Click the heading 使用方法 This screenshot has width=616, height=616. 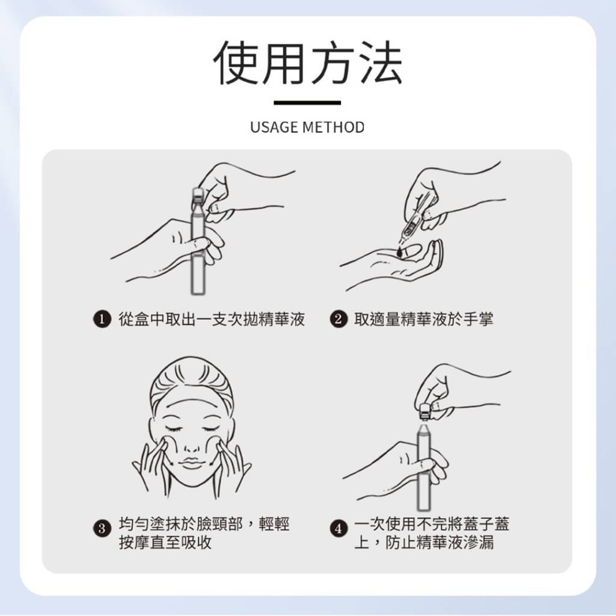point(307,64)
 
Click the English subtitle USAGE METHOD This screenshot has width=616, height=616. point(307,128)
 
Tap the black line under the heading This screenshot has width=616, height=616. point(307,103)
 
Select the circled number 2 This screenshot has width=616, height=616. point(339,319)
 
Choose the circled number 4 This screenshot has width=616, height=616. point(339,529)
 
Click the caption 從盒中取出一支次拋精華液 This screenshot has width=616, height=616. point(212,319)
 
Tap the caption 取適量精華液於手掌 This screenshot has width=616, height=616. point(423,319)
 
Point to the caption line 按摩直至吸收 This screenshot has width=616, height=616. point(165,542)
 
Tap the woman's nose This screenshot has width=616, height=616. point(191,445)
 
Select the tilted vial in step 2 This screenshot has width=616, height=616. point(414,229)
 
